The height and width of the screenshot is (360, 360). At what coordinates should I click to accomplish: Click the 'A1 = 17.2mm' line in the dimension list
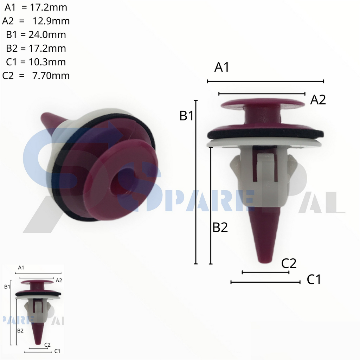pyautogui.click(x=36, y=7)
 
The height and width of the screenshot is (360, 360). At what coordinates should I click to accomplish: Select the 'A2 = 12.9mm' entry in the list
pyautogui.click(x=36, y=21)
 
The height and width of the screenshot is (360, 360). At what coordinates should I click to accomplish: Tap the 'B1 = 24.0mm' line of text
pyautogui.click(x=36, y=34)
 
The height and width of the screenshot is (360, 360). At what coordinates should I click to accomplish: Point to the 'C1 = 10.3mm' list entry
pyautogui.click(x=36, y=62)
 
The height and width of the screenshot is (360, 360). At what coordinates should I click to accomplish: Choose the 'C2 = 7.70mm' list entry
pyautogui.click(x=36, y=76)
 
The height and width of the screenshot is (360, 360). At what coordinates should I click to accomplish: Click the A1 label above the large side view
pyautogui.click(x=222, y=67)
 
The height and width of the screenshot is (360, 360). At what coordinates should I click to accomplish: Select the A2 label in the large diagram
pyautogui.click(x=318, y=100)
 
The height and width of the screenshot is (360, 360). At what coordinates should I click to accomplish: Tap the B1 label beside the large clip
pyautogui.click(x=187, y=116)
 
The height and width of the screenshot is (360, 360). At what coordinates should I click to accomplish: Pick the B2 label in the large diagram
pyautogui.click(x=220, y=228)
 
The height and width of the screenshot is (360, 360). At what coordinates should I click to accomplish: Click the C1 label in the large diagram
pyautogui.click(x=314, y=280)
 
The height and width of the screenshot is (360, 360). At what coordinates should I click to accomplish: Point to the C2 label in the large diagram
pyautogui.click(x=289, y=263)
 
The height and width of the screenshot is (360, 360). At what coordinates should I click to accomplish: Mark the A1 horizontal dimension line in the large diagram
pyautogui.click(x=265, y=81)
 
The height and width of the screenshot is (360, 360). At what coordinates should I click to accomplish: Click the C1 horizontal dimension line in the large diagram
pyautogui.click(x=265, y=282)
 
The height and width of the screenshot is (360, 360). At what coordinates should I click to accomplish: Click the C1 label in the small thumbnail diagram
pyautogui.click(x=57, y=351)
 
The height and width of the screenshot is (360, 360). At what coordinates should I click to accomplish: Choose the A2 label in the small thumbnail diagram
pyautogui.click(x=59, y=280)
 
